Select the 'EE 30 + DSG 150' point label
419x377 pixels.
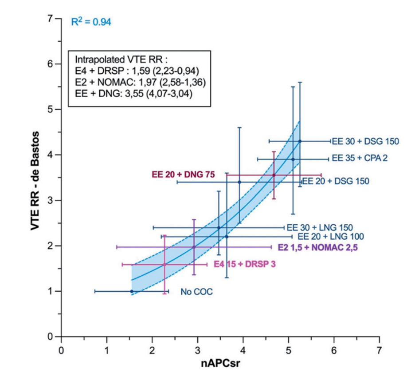365,141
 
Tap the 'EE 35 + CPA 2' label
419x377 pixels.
360,159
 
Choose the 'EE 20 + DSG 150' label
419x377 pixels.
336,181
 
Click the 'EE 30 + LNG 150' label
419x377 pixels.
320,227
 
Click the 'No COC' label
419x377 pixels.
196,292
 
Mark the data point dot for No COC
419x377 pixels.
132,291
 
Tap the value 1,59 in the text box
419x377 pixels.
132,71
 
